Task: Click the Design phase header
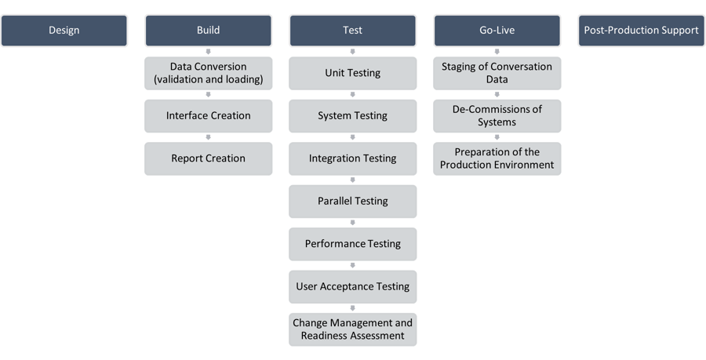pyautogui.click(x=64, y=31)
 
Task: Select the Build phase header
pyautogui.click(x=208, y=31)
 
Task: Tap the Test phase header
pyautogui.click(x=352, y=31)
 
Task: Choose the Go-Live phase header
pyautogui.click(x=497, y=31)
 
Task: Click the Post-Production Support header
pyautogui.click(x=641, y=31)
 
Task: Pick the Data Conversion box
pyautogui.click(x=208, y=73)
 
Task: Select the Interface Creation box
pyautogui.click(x=208, y=115)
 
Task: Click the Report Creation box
pyautogui.click(x=208, y=158)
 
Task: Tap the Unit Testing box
pyautogui.click(x=352, y=73)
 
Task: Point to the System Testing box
pyautogui.click(x=352, y=115)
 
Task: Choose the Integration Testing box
pyautogui.click(x=352, y=158)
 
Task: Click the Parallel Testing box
pyautogui.click(x=352, y=201)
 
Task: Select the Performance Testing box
pyautogui.click(x=352, y=244)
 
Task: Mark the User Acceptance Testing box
pyautogui.click(x=352, y=286)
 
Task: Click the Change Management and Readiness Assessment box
pyautogui.click(x=352, y=329)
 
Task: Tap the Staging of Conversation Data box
pyautogui.click(x=497, y=73)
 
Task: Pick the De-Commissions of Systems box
pyautogui.click(x=497, y=115)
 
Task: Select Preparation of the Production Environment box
pyautogui.click(x=497, y=158)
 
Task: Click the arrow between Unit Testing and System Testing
pyautogui.click(x=352, y=94)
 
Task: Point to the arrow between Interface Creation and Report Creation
pyautogui.click(x=208, y=137)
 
